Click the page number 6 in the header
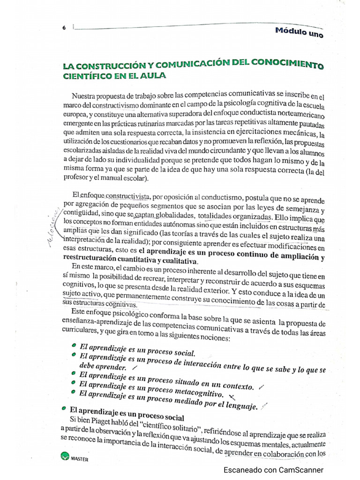64,28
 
